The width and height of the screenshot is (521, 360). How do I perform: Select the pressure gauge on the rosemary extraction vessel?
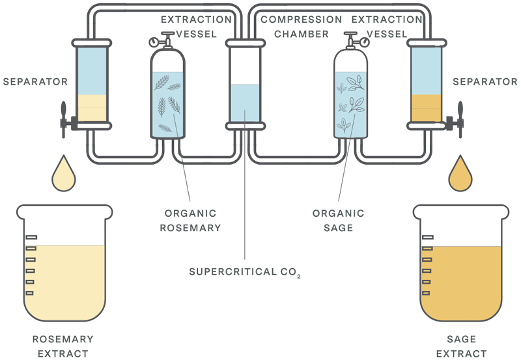[154, 42]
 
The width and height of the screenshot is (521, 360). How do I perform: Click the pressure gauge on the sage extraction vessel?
[365, 42]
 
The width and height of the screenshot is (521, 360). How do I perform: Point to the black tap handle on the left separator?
[63, 120]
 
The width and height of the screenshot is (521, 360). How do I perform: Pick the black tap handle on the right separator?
[460, 120]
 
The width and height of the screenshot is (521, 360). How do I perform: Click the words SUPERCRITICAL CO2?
[245, 272]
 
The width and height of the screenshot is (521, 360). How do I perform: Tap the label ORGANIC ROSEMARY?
[190, 221]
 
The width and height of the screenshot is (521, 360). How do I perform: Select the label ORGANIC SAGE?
[338, 221]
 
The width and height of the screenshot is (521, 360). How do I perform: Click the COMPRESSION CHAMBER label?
[302, 27]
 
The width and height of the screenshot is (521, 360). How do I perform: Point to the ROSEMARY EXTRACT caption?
[63, 346]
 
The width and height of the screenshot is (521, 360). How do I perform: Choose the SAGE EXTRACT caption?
[461, 346]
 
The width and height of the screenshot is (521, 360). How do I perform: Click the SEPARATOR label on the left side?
[35, 81]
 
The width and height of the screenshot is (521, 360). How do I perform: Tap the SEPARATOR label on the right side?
[485, 81]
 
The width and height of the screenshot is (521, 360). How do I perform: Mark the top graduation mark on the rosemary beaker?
[31, 237]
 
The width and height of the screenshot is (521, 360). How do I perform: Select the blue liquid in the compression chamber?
[246, 103]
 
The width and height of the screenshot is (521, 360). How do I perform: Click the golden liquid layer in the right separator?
[427, 108]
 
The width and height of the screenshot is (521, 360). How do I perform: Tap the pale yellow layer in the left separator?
[92, 108]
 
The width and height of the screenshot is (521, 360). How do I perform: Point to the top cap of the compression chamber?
[246, 43]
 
